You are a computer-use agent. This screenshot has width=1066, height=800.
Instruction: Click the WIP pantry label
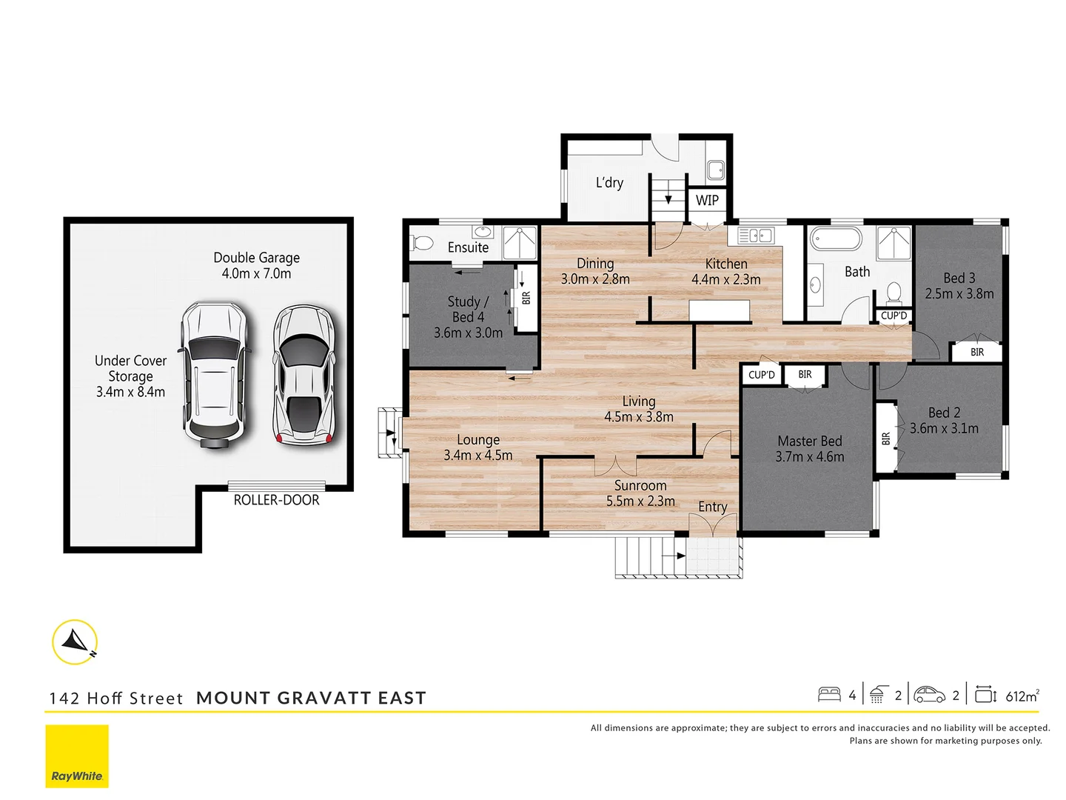pyautogui.click(x=707, y=200)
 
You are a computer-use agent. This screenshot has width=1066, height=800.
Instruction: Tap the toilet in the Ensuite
pyautogui.click(x=423, y=243)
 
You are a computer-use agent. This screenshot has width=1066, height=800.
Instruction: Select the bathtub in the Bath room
pyautogui.click(x=836, y=239)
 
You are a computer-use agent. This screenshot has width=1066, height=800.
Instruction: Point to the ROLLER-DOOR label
pyautogui.click(x=276, y=501)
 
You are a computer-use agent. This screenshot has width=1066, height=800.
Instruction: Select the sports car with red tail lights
pyautogui.click(x=304, y=376)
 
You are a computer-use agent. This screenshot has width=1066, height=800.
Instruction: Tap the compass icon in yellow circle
pyautogui.click(x=75, y=641)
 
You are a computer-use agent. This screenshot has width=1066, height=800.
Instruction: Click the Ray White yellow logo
pyautogui.click(x=77, y=756)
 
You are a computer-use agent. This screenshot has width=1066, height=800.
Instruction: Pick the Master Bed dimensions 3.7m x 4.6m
pyautogui.click(x=809, y=457)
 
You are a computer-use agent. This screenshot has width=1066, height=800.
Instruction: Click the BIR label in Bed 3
pyautogui.click(x=977, y=352)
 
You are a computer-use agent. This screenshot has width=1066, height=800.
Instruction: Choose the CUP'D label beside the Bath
pyautogui.click(x=894, y=316)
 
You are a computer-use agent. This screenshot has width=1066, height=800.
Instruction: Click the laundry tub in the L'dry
pyautogui.click(x=715, y=170)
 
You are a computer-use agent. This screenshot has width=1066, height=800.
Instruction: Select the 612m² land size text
pyautogui.click(x=1022, y=696)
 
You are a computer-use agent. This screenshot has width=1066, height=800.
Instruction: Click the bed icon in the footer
pyautogui.click(x=829, y=695)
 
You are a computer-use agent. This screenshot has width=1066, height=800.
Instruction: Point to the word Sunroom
pyautogui.click(x=640, y=486)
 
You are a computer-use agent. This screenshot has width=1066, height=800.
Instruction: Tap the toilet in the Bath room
pyautogui.click(x=894, y=293)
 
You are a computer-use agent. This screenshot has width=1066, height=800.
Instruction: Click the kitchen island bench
pyautogui.click(x=719, y=310)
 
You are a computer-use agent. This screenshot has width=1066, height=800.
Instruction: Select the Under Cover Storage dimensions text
pyautogui.click(x=130, y=392)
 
